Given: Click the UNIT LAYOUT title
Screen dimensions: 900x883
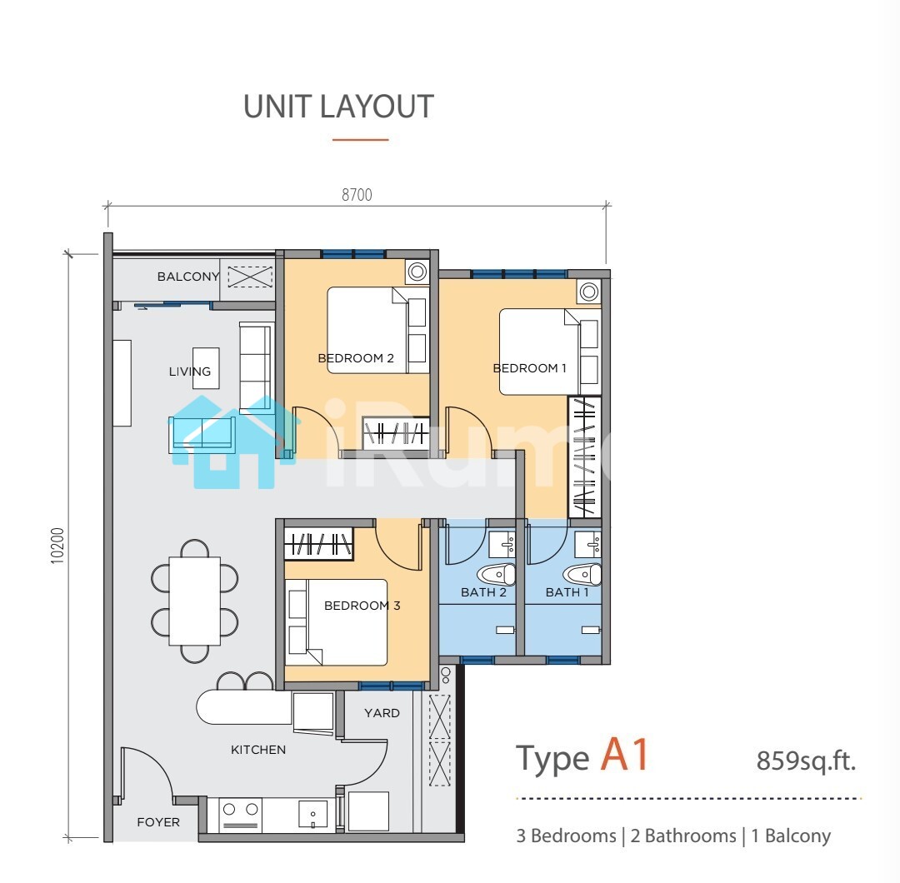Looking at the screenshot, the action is pyautogui.click(x=338, y=107).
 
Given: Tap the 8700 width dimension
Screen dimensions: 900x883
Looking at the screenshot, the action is pyautogui.click(x=357, y=195).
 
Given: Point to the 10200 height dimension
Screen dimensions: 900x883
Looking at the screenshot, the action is pyautogui.click(x=58, y=546).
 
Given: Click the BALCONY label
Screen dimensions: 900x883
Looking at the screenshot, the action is pyautogui.click(x=188, y=277).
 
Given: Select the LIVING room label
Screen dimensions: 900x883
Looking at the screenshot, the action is pyautogui.click(x=190, y=372).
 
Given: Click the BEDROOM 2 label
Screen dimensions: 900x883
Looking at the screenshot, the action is pyautogui.click(x=356, y=358).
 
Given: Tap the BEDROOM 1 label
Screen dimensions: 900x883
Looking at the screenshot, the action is pyautogui.click(x=530, y=368).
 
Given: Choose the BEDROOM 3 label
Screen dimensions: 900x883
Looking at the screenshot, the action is pyautogui.click(x=362, y=606).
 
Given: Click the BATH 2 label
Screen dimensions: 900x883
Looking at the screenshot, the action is pyautogui.click(x=484, y=592).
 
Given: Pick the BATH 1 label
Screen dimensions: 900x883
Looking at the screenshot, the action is pyautogui.click(x=567, y=592).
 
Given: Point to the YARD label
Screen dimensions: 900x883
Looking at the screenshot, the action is pyautogui.click(x=382, y=712).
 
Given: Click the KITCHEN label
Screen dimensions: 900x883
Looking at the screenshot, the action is pyautogui.click(x=258, y=750).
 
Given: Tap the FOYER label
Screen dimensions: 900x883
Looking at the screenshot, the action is pyautogui.click(x=158, y=822).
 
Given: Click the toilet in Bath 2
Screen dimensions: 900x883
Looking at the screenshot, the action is pyautogui.click(x=497, y=574).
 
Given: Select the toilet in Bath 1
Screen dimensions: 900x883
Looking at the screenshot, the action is pyautogui.click(x=582, y=574).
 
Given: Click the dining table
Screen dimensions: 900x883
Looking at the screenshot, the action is pyautogui.click(x=194, y=601).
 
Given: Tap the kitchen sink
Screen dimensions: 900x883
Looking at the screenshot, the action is pyautogui.click(x=312, y=814).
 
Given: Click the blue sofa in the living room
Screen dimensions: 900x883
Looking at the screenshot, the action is pyautogui.click(x=202, y=434).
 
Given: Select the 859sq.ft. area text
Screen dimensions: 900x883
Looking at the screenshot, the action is pyautogui.click(x=807, y=761).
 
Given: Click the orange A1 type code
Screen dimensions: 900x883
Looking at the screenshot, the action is pyautogui.click(x=625, y=755).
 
